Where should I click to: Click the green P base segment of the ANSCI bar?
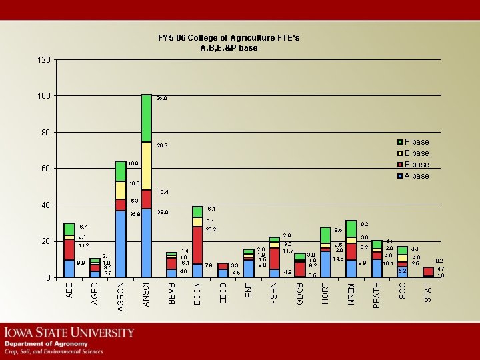click(x=146, y=118)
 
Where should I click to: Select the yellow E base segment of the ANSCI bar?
click(x=146, y=165)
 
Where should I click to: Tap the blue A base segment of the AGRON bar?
click(x=121, y=243)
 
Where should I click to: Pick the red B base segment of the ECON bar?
click(x=197, y=245)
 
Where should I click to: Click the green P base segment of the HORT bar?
click(x=325, y=235)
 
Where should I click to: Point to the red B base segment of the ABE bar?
click(x=69, y=249)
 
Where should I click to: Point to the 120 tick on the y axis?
click(x=44, y=60)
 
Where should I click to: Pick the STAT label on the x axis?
click(x=428, y=291)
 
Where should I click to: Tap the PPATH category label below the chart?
click(x=377, y=294)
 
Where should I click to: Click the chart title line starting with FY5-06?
click(x=229, y=38)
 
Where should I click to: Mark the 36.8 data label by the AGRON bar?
click(x=135, y=214)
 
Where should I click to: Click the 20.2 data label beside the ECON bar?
click(x=211, y=229)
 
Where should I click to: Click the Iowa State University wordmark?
click(x=70, y=332)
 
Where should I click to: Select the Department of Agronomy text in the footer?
click(x=47, y=344)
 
